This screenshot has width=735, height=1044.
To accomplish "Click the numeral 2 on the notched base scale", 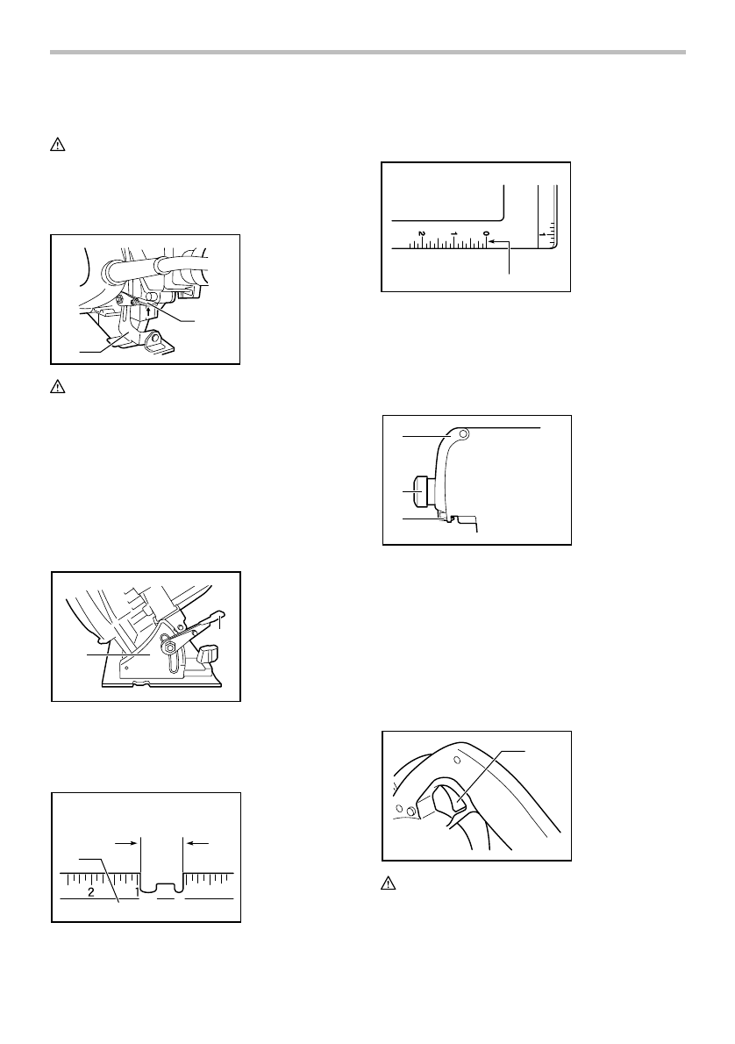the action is point(91,892).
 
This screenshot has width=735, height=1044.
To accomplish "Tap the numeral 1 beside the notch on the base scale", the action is point(136,892).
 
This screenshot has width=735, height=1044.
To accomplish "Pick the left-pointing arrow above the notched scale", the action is point(197,841).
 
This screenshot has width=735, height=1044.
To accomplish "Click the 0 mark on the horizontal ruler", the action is point(486,232).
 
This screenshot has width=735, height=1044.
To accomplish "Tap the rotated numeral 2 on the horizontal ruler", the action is point(422,232).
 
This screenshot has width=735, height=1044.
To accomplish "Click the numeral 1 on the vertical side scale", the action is point(543,234).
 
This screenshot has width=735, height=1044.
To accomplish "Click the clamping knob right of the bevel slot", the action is point(209,654).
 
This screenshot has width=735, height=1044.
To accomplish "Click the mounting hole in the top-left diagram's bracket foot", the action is point(160,338).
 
